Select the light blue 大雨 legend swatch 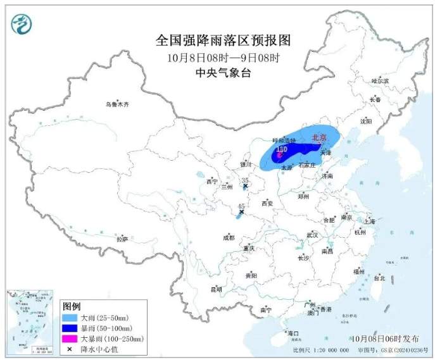[x=70, y=317]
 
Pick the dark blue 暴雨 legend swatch [x=70, y=328]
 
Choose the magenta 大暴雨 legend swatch [x=70, y=340]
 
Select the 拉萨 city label [x=122, y=239]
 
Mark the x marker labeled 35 [x=245, y=186]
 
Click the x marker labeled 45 [x=241, y=212]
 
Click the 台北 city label [x=379, y=277]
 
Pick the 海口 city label [x=293, y=333]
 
